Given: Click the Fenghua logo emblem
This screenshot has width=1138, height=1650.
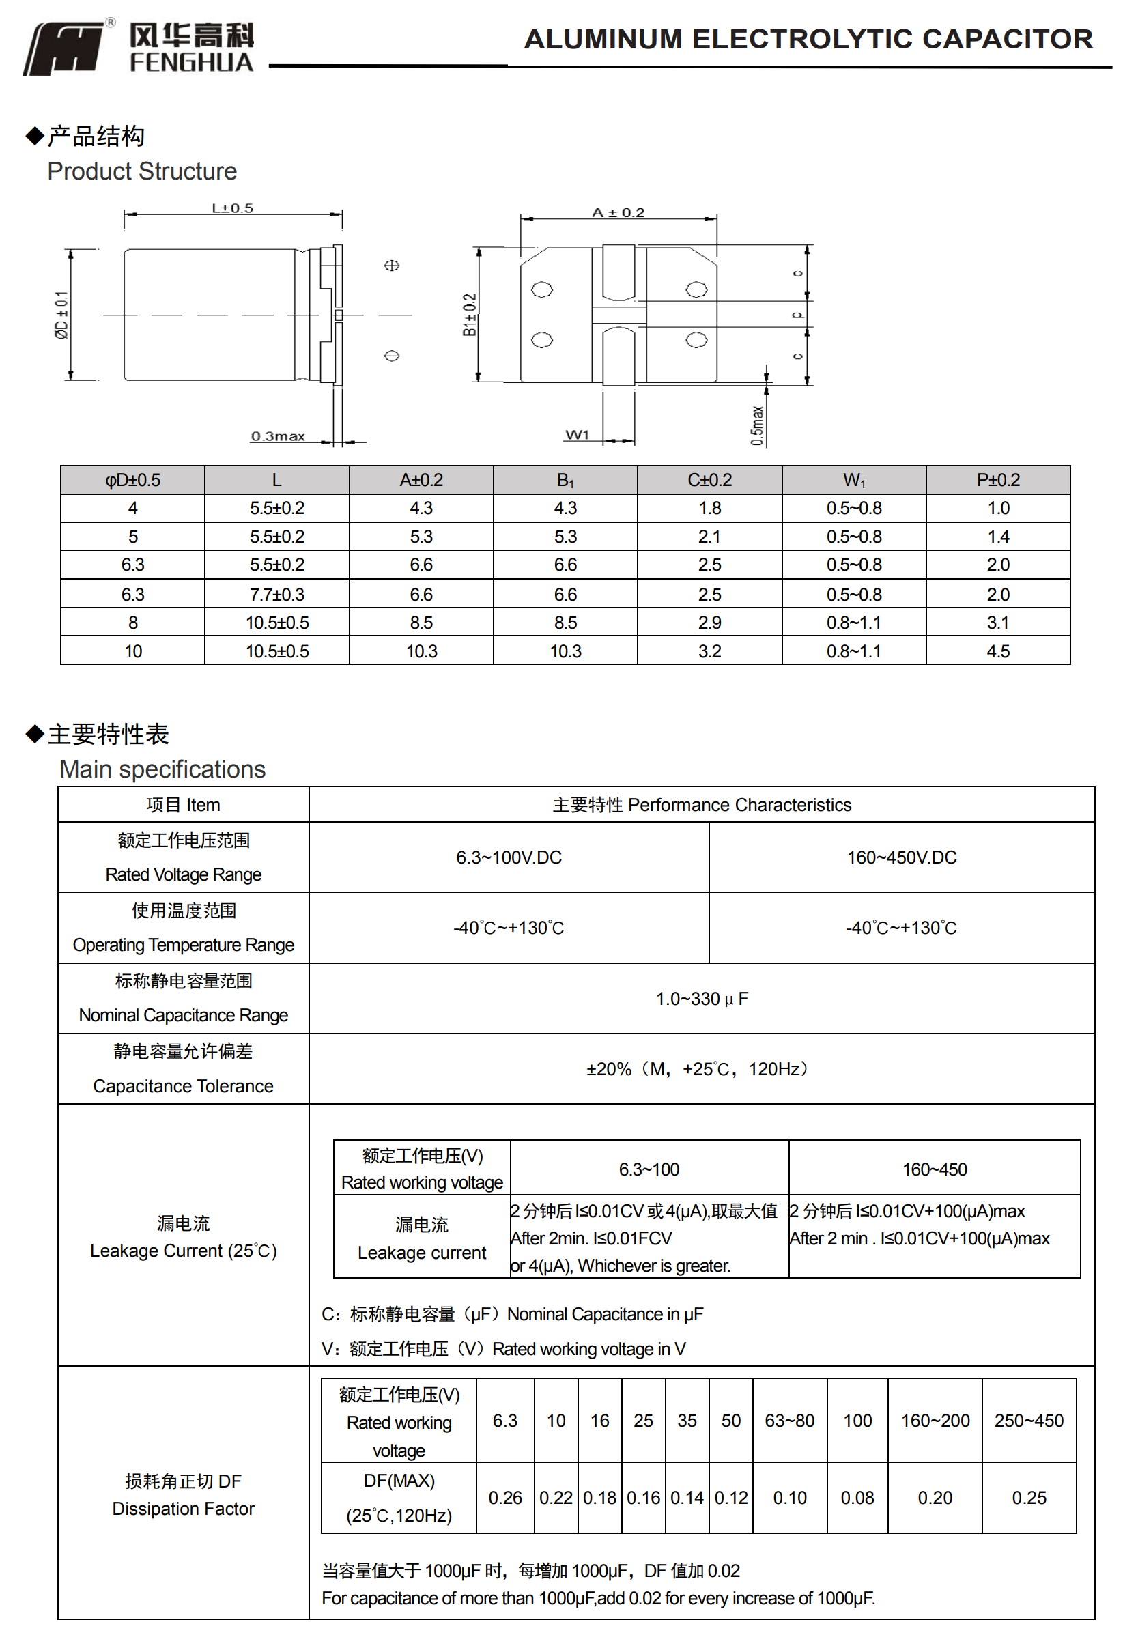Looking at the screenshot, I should (x=64, y=47).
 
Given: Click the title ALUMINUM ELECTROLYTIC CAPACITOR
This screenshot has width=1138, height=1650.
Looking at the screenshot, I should (x=808, y=39).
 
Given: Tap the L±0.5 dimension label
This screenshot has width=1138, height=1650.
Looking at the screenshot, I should (x=233, y=208).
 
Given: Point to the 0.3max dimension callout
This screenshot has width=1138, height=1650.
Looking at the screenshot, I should (x=277, y=436).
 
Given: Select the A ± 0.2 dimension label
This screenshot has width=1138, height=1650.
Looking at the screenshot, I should (x=618, y=212).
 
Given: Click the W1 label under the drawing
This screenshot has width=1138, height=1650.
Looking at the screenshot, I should (x=577, y=435).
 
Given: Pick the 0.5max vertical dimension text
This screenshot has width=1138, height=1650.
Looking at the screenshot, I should (x=757, y=426).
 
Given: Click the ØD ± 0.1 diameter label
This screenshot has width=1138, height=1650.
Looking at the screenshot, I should (x=62, y=315).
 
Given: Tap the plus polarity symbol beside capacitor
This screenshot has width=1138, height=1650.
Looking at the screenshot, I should (x=391, y=266).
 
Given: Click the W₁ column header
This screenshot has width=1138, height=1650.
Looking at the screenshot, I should (x=853, y=480).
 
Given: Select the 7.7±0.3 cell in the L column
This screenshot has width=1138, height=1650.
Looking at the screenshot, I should (x=276, y=594).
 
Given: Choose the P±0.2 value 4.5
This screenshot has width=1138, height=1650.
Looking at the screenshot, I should (x=997, y=651).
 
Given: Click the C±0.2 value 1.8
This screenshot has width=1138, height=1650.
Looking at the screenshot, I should (x=709, y=508).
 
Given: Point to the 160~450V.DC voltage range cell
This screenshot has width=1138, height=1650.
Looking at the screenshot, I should (x=901, y=857).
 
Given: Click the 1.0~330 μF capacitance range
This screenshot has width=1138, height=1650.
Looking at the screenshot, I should (x=702, y=998).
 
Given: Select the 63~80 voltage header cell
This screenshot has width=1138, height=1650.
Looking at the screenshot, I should (x=789, y=1421).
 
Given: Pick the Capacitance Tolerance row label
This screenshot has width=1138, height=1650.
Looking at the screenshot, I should (x=183, y=1085).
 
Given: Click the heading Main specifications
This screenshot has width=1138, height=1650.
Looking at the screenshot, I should (x=162, y=769).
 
